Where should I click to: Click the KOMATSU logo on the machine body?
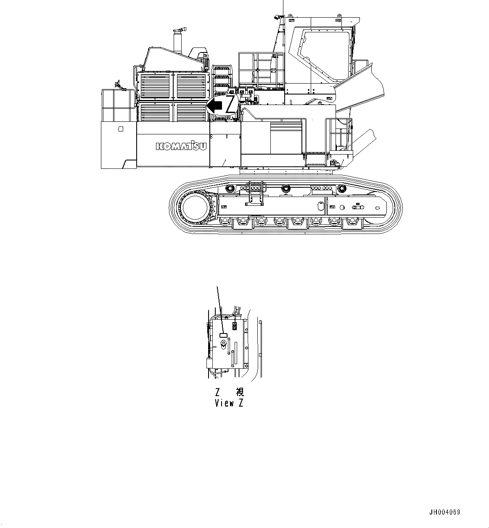point(181,146)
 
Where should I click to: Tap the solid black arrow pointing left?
point(215,106)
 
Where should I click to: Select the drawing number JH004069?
point(444,512)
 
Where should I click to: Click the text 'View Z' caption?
point(229,403)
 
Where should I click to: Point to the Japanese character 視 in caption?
point(240,392)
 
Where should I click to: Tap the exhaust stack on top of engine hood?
point(178,42)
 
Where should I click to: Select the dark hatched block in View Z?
point(235,326)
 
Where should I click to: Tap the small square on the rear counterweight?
point(121,129)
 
